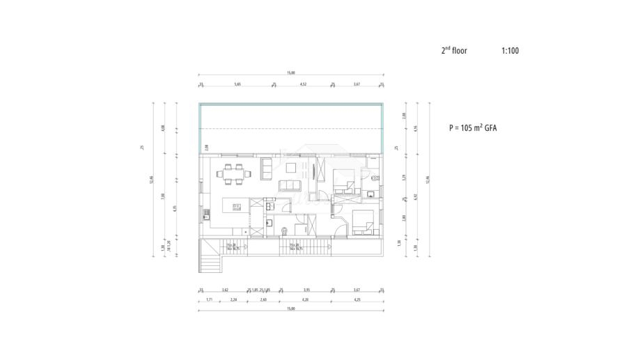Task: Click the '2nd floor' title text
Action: pyautogui.click(x=454, y=51)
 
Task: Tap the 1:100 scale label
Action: pyautogui.click(x=510, y=51)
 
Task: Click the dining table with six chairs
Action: pyautogui.click(x=232, y=173)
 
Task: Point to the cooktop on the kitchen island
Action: pyautogui.click(x=237, y=205)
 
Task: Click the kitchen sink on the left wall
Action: pyautogui.click(x=205, y=214)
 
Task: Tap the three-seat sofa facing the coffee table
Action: pyautogui.click(x=288, y=185)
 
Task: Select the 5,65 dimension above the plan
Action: pyautogui.click(x=237, y=84)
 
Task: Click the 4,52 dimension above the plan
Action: pyautogui.click(x=303, y=84)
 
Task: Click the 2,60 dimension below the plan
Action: pyautogui.click(x=263, y=299)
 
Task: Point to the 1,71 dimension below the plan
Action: pyautogui.click(x=210, y=299)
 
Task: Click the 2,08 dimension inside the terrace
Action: pyautogui.click(x=207, y=147)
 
